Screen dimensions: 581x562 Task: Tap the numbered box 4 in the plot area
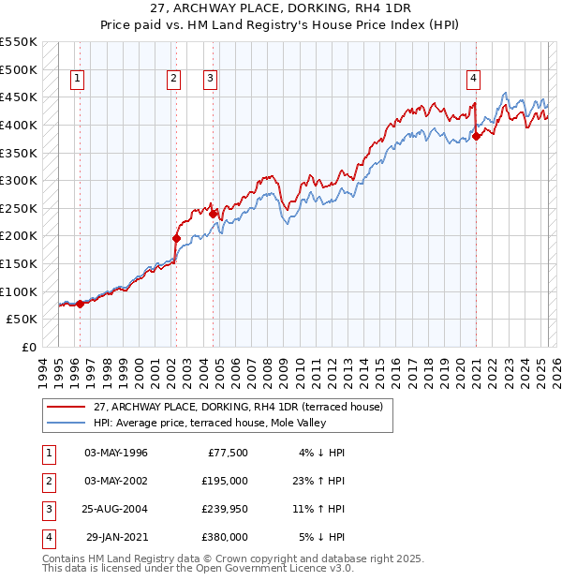[x=475, y=79]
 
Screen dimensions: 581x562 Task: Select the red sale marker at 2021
[x=476, y=136]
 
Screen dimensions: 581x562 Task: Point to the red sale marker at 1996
[x=80, y=304]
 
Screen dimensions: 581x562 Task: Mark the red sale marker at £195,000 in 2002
[x=176, y=238]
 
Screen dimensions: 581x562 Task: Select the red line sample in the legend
[x=67, y=408]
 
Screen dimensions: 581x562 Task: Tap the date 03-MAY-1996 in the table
[x=116, y=453]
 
